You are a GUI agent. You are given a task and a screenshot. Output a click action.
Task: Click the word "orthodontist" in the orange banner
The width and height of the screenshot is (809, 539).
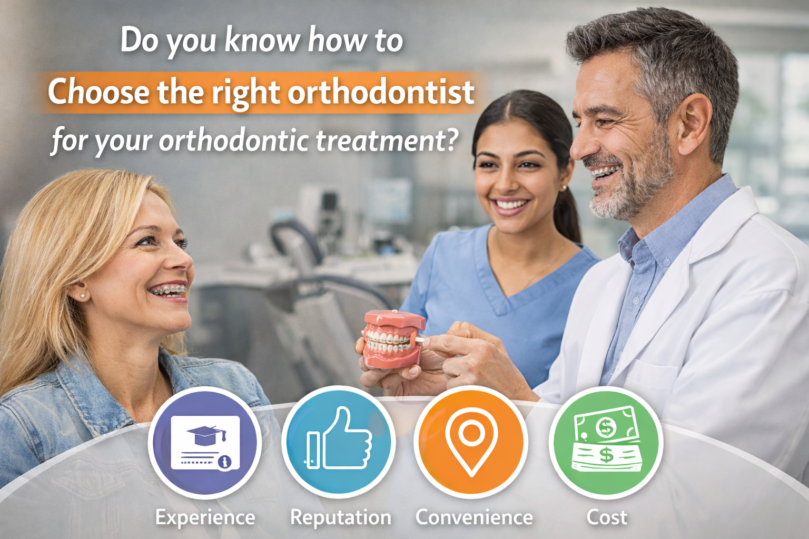point(381,93)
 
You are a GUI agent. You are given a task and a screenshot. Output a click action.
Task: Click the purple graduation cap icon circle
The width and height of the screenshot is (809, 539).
point(205,442)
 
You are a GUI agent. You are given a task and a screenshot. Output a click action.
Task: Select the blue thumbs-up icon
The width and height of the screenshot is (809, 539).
point(339,441)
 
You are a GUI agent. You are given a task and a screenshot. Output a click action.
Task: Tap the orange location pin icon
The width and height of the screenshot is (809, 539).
point(471,441)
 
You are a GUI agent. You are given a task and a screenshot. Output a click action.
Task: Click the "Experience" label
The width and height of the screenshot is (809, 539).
point(205,517)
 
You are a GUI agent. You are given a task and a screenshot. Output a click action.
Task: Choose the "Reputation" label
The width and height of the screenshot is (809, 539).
point(340,517)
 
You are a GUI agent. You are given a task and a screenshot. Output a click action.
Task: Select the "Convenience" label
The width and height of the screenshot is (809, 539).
point(474,517)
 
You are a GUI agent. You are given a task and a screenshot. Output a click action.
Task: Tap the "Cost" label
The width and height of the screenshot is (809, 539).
point(607,517)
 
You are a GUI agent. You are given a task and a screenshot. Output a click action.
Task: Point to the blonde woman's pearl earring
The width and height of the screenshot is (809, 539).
point(82,296)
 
